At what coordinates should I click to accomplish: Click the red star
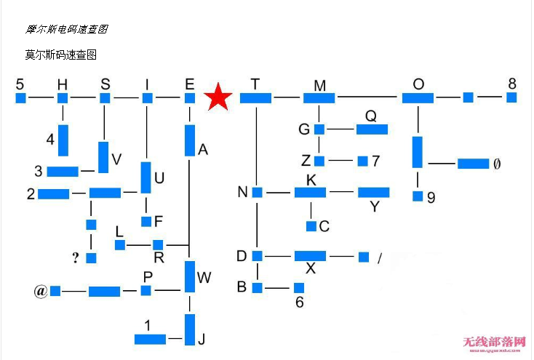218,97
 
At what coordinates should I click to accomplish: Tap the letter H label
63,84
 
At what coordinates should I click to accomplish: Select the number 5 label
20,84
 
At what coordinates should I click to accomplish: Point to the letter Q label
371,116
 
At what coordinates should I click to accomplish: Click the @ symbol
40,291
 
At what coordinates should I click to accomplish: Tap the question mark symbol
76,257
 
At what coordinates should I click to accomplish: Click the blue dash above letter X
310,256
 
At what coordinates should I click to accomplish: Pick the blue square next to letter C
311,226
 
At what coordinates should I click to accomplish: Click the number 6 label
299,303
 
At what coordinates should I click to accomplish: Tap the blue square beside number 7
362,161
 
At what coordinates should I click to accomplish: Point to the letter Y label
375,207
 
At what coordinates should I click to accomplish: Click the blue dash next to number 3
63,172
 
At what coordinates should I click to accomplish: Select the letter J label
202,339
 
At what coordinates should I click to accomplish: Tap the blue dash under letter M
319,97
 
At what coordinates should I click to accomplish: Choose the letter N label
243,192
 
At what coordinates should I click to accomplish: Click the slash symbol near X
379,257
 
